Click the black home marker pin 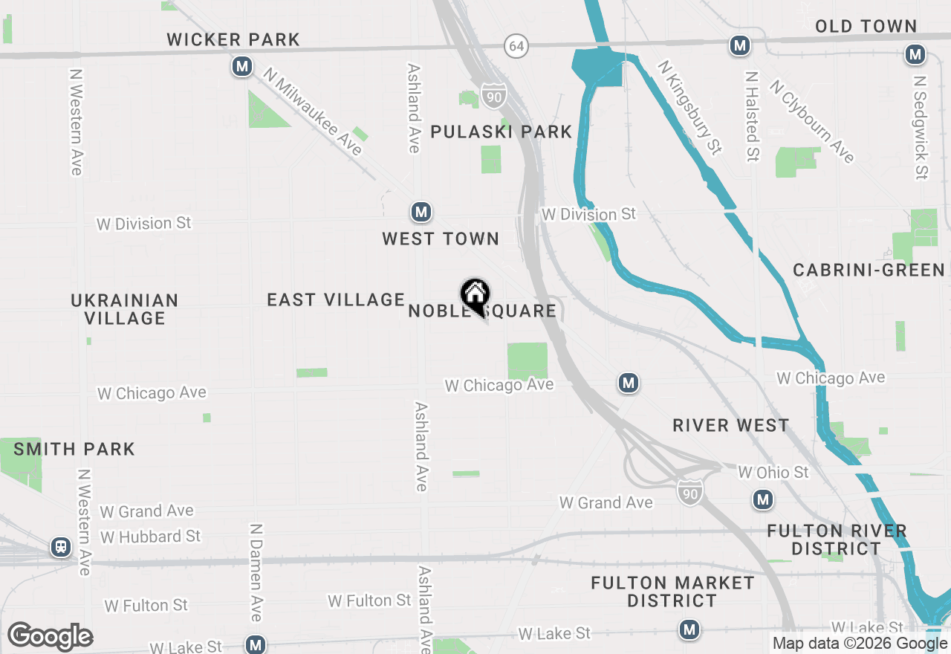pos(475,296)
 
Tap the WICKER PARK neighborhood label pos(233,39)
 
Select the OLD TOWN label pos(866,27)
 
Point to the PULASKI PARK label pos(502,132)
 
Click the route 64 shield pos(516,46)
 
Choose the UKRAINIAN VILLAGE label pos(125,309)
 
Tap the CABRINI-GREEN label pos(869,270)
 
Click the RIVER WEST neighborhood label pos(730,425)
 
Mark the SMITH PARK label pos(74,449)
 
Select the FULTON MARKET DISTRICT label pos(672,592)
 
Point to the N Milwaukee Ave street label pos(313,111)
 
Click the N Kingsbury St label pos(690,109)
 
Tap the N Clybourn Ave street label pos(811,121)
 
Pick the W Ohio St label pos(773,473)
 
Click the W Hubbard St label pos(151,537)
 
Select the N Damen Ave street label pos(256,572)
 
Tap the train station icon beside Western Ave pos(61,548)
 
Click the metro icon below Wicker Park pos(241,67)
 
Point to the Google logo pos(51,636)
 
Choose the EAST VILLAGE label pos(336,300)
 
